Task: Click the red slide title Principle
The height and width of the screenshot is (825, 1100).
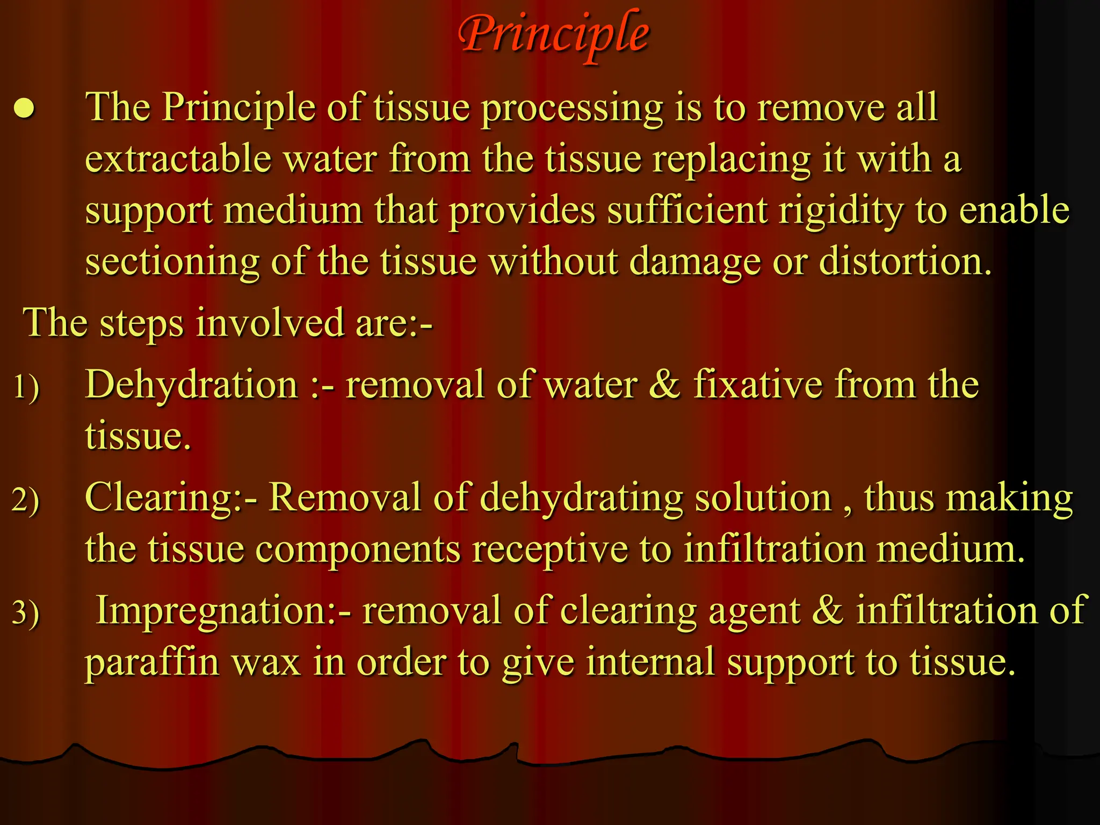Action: (x=553, y=34)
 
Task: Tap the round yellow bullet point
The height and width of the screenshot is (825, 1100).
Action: (x=25, y=109)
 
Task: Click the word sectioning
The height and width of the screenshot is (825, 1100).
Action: (x=172, y=262)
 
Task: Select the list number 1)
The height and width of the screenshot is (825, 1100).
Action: (x=26, y=387)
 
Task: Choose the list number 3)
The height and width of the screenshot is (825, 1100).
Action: (x=26, y=613)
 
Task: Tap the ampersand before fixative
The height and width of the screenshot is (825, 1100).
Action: (x=665, y=385)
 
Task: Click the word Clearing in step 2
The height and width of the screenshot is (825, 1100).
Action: (x=159, y=498)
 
